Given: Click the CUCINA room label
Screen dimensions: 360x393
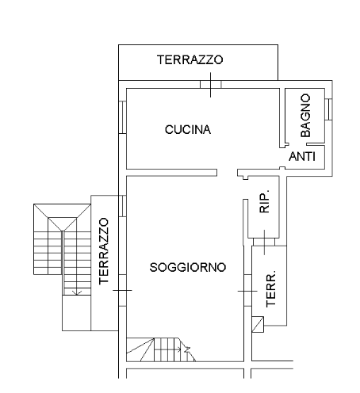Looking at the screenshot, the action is pyautogui.click(x=188, y=130).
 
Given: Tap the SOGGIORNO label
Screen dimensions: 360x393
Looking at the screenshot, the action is pyautogui.click(x=188, y=267).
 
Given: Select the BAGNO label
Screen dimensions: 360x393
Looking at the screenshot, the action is pyautogui.click(x=305, y=115).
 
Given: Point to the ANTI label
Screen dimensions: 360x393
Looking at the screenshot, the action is pyautogui.click(x=302, y=157).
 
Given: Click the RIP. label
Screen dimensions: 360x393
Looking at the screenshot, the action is pyautogui.click(x=264, y=201).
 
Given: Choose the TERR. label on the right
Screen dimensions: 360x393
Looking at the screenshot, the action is pyautogui.click(x=270, y=288).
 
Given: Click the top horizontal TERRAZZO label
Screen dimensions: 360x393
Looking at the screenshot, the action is pyautogui.click(x=190, y=59).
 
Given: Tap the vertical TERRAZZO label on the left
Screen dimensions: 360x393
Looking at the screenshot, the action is pyautogui.click(x=104, y=251).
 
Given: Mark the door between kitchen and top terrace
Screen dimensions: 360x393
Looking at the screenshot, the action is pyautogui.click(x=210, y=85).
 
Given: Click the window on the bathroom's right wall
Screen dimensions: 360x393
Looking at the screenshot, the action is pyautogui.click(x=328, y=109).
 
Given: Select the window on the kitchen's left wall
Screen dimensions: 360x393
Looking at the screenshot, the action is pyautogui.click(x=122, y=117).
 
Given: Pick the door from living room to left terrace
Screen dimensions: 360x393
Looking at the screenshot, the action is pyautogui.click(x=122, y=290).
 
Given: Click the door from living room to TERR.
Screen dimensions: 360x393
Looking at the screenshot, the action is pyautogui.click(x=247, y=291).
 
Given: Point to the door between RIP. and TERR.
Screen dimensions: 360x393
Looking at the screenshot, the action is pyautogui.click(x=264, y=242).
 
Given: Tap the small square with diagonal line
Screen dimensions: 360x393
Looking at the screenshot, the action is pyautogui.click(x=258, y=324).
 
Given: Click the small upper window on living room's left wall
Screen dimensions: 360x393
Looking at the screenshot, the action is pyautogui.click(x=122, y=206).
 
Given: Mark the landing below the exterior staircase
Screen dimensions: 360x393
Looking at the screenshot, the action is pyautogui.click(x=77, y=313).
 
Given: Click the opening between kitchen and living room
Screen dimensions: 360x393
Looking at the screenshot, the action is pyautogui.click(x=228, y=173).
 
